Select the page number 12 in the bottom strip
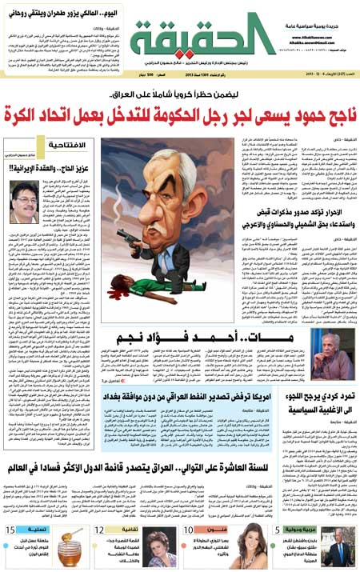100,529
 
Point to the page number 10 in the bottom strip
190,529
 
